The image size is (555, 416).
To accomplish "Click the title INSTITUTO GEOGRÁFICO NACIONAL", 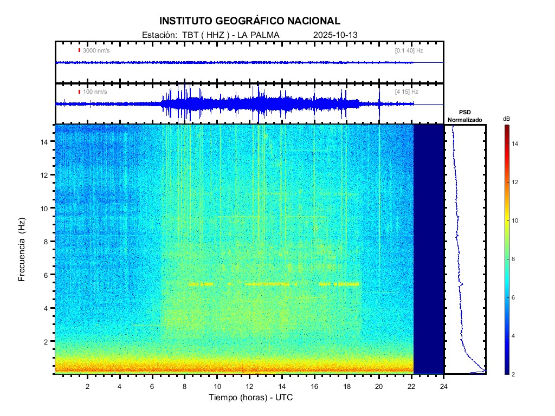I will point(250,21).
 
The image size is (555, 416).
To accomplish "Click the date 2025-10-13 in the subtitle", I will point(335,35).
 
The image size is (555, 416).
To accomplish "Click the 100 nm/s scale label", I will point(95,92).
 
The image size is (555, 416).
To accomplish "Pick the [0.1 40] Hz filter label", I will point(409,50).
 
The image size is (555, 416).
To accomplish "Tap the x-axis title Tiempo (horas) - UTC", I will point(251,398).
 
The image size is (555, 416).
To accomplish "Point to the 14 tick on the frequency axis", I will point(46,141).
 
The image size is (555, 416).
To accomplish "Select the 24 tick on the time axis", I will point(444,385).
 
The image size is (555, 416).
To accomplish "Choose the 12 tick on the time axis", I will point(250,385).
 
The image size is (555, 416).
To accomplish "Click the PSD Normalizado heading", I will point(464,116).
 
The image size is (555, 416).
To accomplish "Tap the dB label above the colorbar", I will point(506,119).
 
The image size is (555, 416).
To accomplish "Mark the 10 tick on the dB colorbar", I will point(517,221).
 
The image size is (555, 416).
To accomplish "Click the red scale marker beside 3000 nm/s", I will point(79,50).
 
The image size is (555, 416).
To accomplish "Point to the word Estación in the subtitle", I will point(158,35).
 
